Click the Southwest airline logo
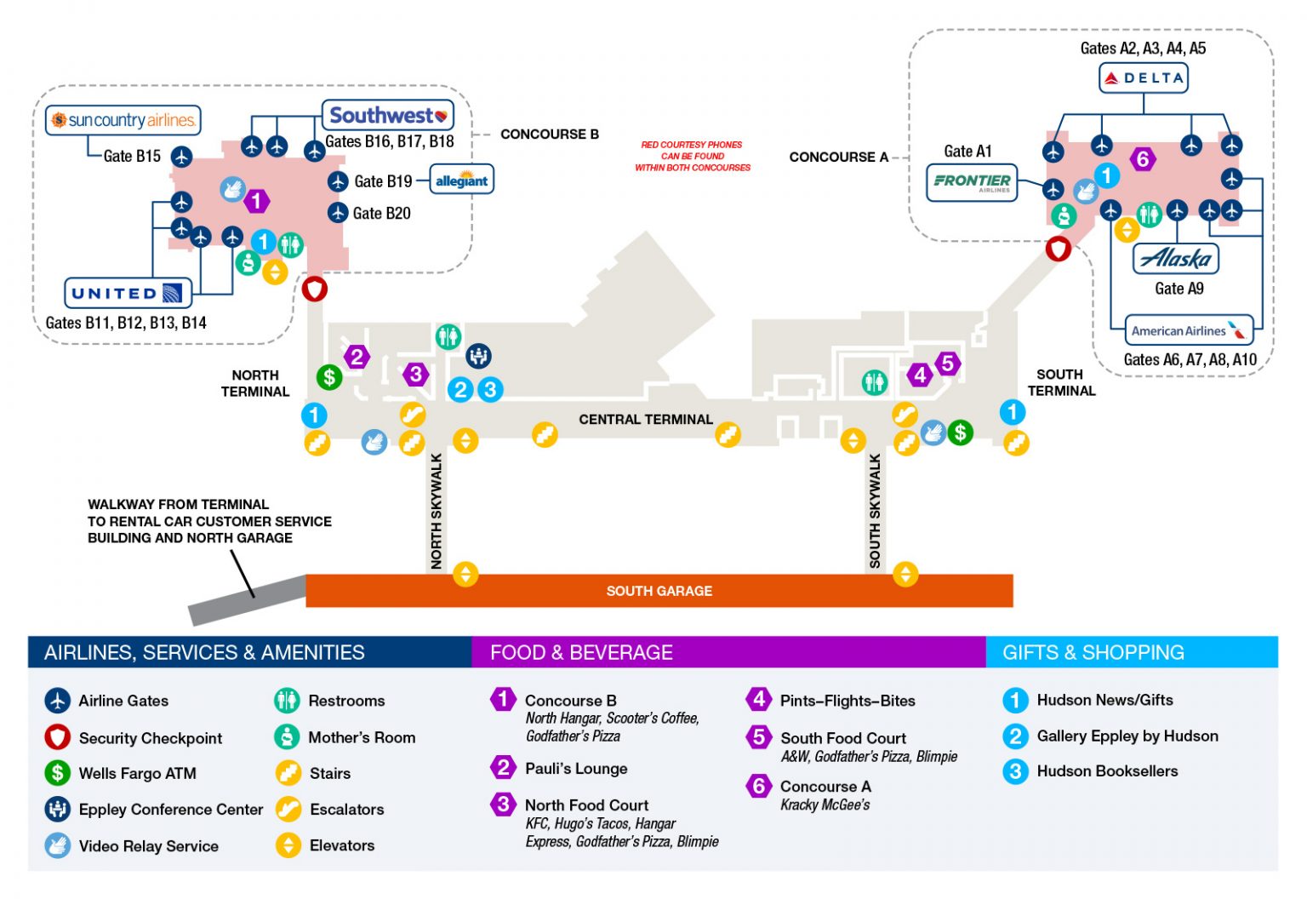tap(387, 115)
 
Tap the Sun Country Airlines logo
tap(123, 120)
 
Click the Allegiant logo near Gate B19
tap(461, 180)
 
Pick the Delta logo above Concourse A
tap(1144, 78)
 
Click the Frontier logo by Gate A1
tap(972, 182)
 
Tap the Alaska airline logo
tap(1176, 258)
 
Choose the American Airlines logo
tap(1188, 330)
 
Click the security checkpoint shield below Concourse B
tap(315, 289)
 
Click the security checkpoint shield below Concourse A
tap(1058, 249)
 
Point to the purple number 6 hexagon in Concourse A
tap(1143, 159)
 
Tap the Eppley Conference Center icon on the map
tap(478, 356)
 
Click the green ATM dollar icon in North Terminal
tap(329, 376)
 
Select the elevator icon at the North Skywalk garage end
tap(465, 574)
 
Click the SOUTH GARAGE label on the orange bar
tap(659, 591)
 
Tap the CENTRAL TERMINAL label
tap(646, 420)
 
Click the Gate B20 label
tap(381, 214)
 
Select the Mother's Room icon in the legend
tap(288, 737)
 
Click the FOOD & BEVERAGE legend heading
tap(581, 653)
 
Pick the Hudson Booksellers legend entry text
tap(1107, 771)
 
